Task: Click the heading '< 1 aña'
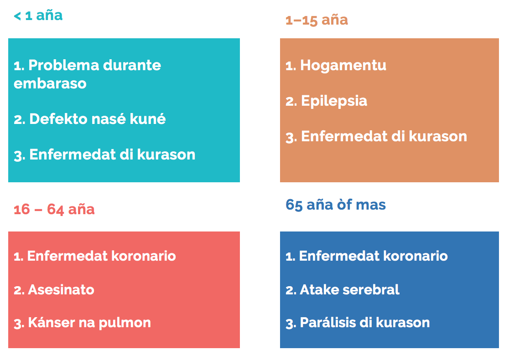pos(38,15)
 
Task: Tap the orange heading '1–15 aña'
pos(317,20)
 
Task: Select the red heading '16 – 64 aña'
pos(54,210)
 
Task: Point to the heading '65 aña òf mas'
pos(336,205)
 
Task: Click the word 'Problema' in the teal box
pos(64,65)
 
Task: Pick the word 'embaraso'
pos(50,84)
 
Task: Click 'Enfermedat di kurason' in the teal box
pos(112,154)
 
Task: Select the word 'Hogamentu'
pos(343,66)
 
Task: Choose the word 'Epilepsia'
pos(334,101)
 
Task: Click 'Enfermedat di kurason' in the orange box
pos(384,137)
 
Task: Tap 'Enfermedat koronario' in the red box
pos(101,256)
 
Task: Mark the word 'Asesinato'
pos(61,290)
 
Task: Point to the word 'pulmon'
pos(125,323)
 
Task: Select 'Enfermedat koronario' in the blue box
pos(373,256)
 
